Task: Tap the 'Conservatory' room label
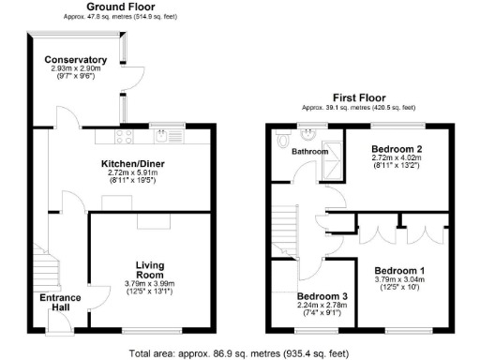pyautogui.click(x=76, y=61)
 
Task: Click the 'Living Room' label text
pyautogui.click(x=150, y=271)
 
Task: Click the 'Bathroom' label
pyautogui.click(x=308, y=151)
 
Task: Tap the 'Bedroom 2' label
pyautogui.click(x=397, y=149)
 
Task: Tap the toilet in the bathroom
pyautogui.click(x=285, y=140)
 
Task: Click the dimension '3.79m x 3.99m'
pyautogui.click(x=150, y=285)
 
